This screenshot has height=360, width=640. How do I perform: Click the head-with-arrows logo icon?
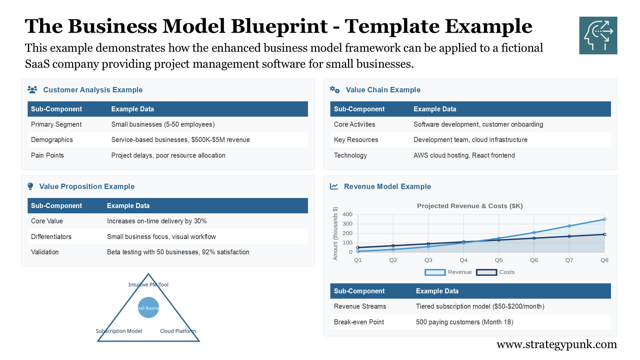[x=598, y=35]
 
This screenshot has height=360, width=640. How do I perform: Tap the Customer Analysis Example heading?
[x=93, y=90]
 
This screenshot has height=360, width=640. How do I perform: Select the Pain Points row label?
[x=47, y=155]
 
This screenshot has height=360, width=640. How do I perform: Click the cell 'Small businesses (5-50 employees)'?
[x=163, y=124]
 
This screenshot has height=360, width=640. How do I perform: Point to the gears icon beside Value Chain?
[x=335, y=90]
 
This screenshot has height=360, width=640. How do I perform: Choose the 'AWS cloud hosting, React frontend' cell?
[x=464, y=155]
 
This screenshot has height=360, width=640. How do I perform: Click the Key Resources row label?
[x=356, y=140]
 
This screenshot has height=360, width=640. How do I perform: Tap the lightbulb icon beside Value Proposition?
[x=30, y=186]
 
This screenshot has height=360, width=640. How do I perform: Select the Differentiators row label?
[x=51, y=237]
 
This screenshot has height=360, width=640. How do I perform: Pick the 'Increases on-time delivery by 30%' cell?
[x=157, y=221]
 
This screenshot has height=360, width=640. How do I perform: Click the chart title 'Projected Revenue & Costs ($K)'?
[x=470, y=206]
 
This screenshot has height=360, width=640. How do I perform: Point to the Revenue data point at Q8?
[x=604, y=219]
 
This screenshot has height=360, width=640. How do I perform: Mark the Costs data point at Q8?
[x=604, y=234]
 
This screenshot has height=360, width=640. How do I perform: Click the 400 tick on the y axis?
[x=347, y=214]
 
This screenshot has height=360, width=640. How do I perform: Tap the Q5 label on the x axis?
[x=499, y=260]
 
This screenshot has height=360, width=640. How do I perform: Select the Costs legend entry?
[x=496, y=272]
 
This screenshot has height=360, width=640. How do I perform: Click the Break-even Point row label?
[x=359, y=322]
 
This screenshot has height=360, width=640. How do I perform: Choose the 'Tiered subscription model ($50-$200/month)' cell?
[x=480, y=306]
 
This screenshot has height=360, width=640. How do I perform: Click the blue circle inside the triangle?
[x=148, y=307]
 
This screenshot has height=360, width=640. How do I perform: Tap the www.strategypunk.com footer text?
[x=557, y=344]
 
